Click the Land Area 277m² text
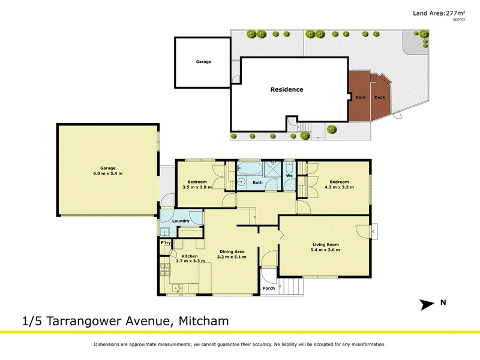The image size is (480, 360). [x=439, y=13]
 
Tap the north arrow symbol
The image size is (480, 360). [x=427, y=305]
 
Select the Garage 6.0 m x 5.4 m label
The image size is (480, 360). [x=108, y=171]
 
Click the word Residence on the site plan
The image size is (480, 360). [x=287, y=89]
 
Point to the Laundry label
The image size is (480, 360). [x=181, y=221]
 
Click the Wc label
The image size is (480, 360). [x=289, y=176]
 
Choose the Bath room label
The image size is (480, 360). [x=257, y=182]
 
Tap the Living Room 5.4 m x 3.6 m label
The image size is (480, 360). [x=325, y=247]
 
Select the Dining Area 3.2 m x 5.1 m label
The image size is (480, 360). [x=232, y=254]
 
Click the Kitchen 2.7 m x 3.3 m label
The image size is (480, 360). [x=190, y=259]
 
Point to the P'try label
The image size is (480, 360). [x=166, y=243]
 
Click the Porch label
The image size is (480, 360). [x=268, y=288]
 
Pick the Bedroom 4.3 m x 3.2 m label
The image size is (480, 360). [x=339, y=184]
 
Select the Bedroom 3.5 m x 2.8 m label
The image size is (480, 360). [x=197, y=184]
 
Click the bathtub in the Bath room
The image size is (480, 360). [x=250, y=169]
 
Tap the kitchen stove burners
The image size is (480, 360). [x=164, y=269]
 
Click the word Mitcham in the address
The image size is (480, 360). [x=203, y=321]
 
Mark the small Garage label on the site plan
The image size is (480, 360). [x=203, y=62]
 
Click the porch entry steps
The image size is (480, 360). [x=291, y=287]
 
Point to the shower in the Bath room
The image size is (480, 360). [x=272, y=169]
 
